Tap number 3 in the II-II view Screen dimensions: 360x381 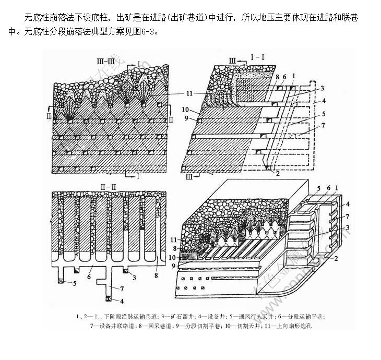tap(135, 277)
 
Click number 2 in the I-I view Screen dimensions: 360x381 tap(278, 173)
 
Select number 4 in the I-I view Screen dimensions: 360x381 tap(324, 100)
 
